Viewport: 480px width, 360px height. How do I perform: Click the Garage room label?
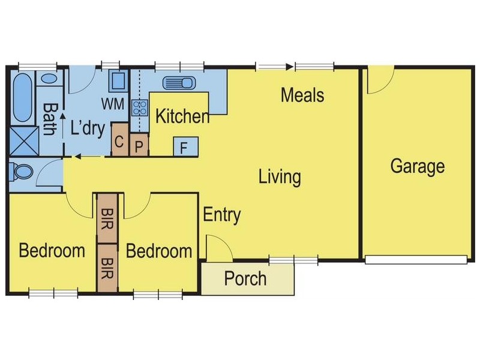tap(418, 166)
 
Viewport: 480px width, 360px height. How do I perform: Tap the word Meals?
tap(302, 95)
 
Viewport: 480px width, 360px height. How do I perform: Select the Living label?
tap(279, 177)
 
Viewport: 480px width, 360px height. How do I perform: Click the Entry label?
tap(221, 215)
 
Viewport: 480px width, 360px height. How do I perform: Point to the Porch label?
tap(245, 279)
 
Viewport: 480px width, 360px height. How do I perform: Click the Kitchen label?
tap(182, 116)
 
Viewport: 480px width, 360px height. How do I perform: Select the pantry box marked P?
tap(139, 147)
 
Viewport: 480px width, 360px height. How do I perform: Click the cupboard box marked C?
tap(119, 142)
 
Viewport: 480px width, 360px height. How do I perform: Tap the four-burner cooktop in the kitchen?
tap(140, 107)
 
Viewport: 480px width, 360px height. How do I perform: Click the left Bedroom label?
tap(52, 250)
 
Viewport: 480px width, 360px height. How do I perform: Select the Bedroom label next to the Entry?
tap(159, 251)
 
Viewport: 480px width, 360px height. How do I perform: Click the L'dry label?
tap(88, 128)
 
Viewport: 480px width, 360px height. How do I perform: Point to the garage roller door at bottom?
tap(416, 260)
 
